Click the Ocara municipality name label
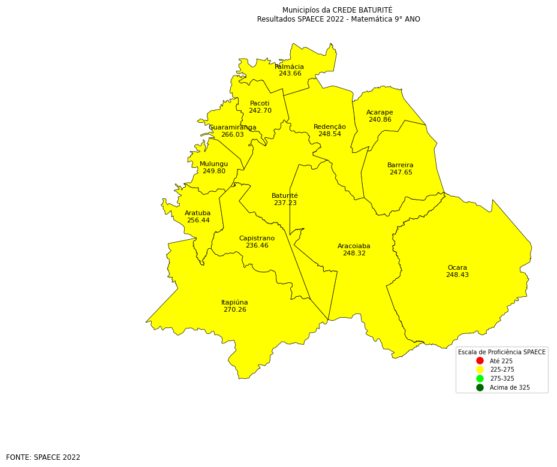(x=457, y=268)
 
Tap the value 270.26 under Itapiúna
(x=234, y=310)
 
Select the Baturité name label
(x=285, y=196)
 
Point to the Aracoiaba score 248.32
(x=354, y=254)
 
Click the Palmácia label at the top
(x=290, y=67)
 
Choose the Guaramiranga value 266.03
(x=233, y=135)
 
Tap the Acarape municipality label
(x=380, y=113)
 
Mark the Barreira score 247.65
(x=401, y=173)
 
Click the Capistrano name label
(x=257, y=239)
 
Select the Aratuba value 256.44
(x=198, y=221)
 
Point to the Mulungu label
(x=213, y=164)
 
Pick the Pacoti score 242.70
(x=260, y=111)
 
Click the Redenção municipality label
(x=330, y=127)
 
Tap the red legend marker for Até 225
(x=480, y=361)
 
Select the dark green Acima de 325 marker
(x=480, y=388)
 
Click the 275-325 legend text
(x=502, y=379)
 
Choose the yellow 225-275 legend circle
(x=480, y=370)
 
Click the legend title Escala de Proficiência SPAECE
(x=502, y=352)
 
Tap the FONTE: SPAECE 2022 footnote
(x=43, y=457)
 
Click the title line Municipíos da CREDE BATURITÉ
(x=338, y=10)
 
